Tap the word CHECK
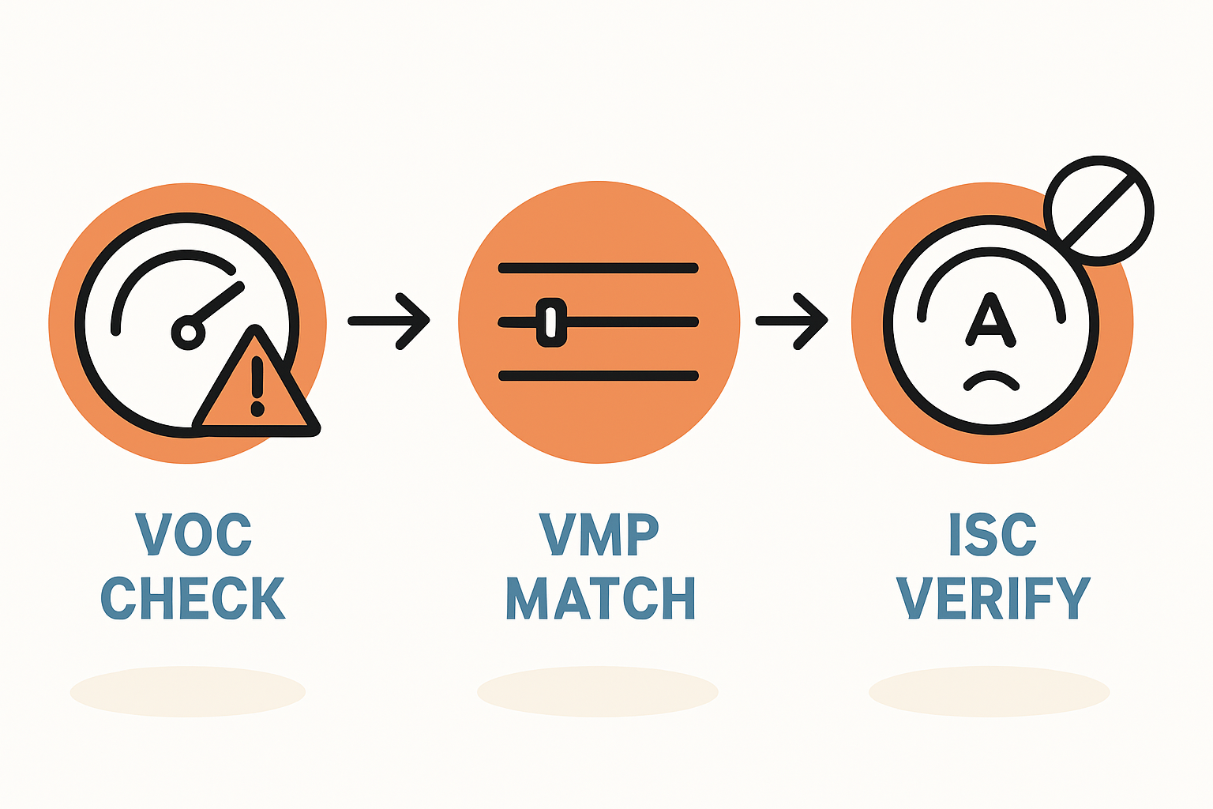coord(193,597)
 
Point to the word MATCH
coord(600,597)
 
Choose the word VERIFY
coord(993,597)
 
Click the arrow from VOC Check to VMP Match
coord(389,321)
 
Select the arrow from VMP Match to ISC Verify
coord(792,321)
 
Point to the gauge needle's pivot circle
coord(188,333)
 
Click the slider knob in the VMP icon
coord(551,322)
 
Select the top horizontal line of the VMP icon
coord(599,268)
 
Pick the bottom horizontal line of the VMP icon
coord(599,376)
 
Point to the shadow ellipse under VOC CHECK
coord(188,692)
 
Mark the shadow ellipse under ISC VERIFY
coord(989,692)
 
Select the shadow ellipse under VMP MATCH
coord(597,692)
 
